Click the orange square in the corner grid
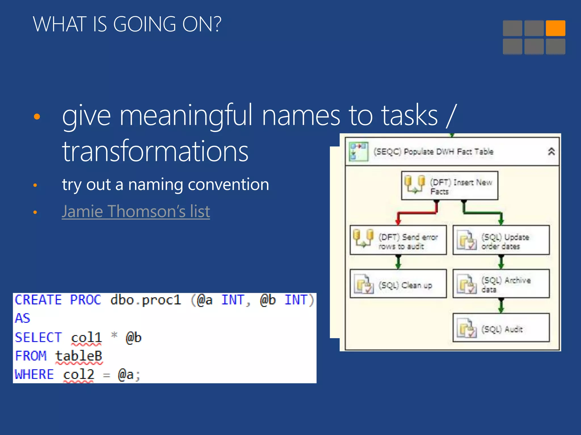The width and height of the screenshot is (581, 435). point(555,28)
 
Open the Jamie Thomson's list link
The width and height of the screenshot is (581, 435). point(136,211)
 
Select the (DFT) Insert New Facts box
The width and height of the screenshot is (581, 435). point(449,185)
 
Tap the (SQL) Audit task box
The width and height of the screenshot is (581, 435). point(501,328)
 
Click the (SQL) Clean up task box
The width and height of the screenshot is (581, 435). point(398,283)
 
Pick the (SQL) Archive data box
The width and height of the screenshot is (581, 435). point(501,283)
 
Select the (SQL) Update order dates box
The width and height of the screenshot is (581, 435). point(501,240)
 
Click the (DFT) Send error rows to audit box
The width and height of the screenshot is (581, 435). point(398,240)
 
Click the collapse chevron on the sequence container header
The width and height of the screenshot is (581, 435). point(551,152)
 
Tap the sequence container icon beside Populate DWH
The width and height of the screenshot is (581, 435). point(358,152)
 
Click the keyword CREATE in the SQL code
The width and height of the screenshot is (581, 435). point(38,300)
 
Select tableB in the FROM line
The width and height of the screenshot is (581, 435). point(79,356)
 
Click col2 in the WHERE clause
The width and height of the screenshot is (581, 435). point(79,374)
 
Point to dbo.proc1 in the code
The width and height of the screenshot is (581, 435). point(146,300)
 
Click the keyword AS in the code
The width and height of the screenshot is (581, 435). point(23,318)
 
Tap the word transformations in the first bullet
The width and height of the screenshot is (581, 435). point(155,151)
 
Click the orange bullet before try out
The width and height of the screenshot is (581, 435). point(35,185)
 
